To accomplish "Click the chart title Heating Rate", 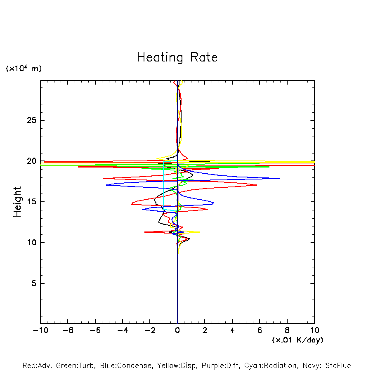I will pyautogui.click(x=177, y=57).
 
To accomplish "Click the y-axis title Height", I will pyautogui.click(x=17, y=202).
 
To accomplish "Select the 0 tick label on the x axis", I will pyautogui.click(x=177, y=331).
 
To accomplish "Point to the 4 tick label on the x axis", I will pyautogui.click(x=232, y=331).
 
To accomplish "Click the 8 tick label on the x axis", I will pyautogui.click(x=287, y=331).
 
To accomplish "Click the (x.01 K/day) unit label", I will pyautogui.click(x=297, y=340).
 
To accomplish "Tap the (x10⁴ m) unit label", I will pyautogui.click(x=24, y=68).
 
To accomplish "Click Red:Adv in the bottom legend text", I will pyautogui.click(x=37, y=366).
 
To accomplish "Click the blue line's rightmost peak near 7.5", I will pyautogui.click(x=279, y=178).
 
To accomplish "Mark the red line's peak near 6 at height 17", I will pyautogui.click(x=257, y=185).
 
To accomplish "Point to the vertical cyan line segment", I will pyautogui.click(x=164, y=186).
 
